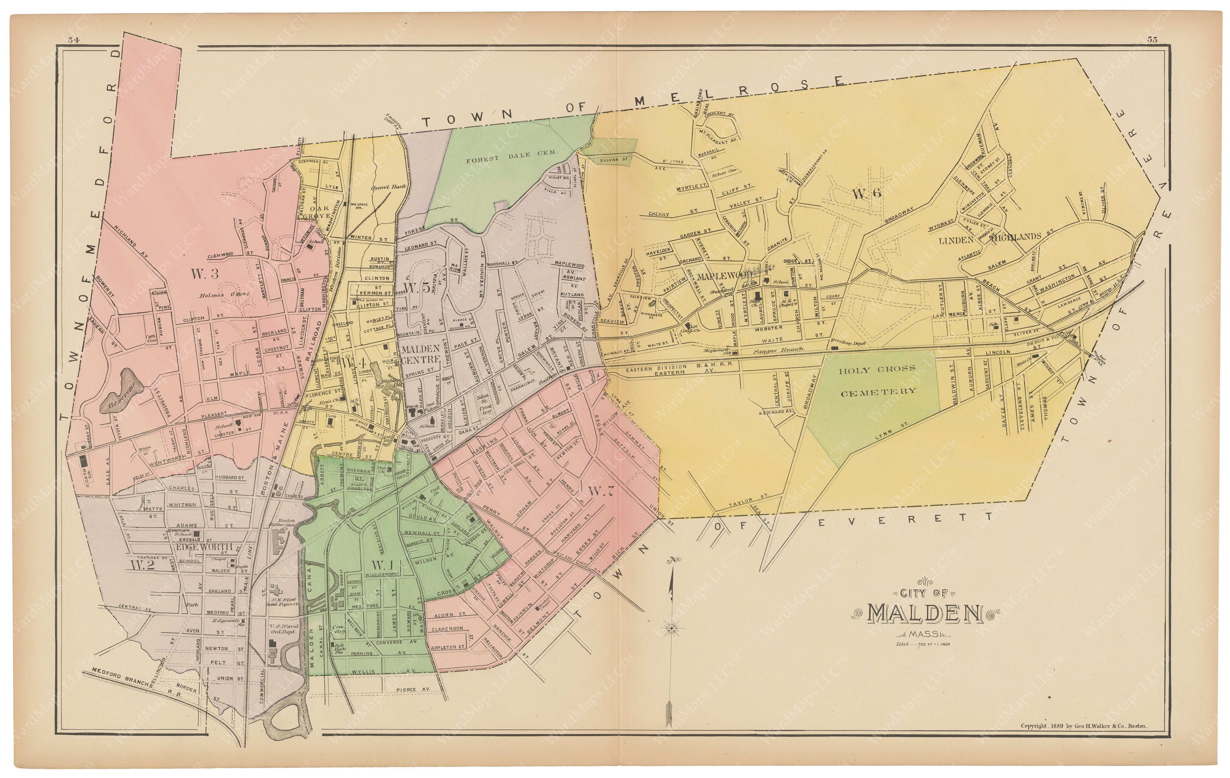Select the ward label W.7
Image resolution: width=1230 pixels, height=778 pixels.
click(x=598, y=492)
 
